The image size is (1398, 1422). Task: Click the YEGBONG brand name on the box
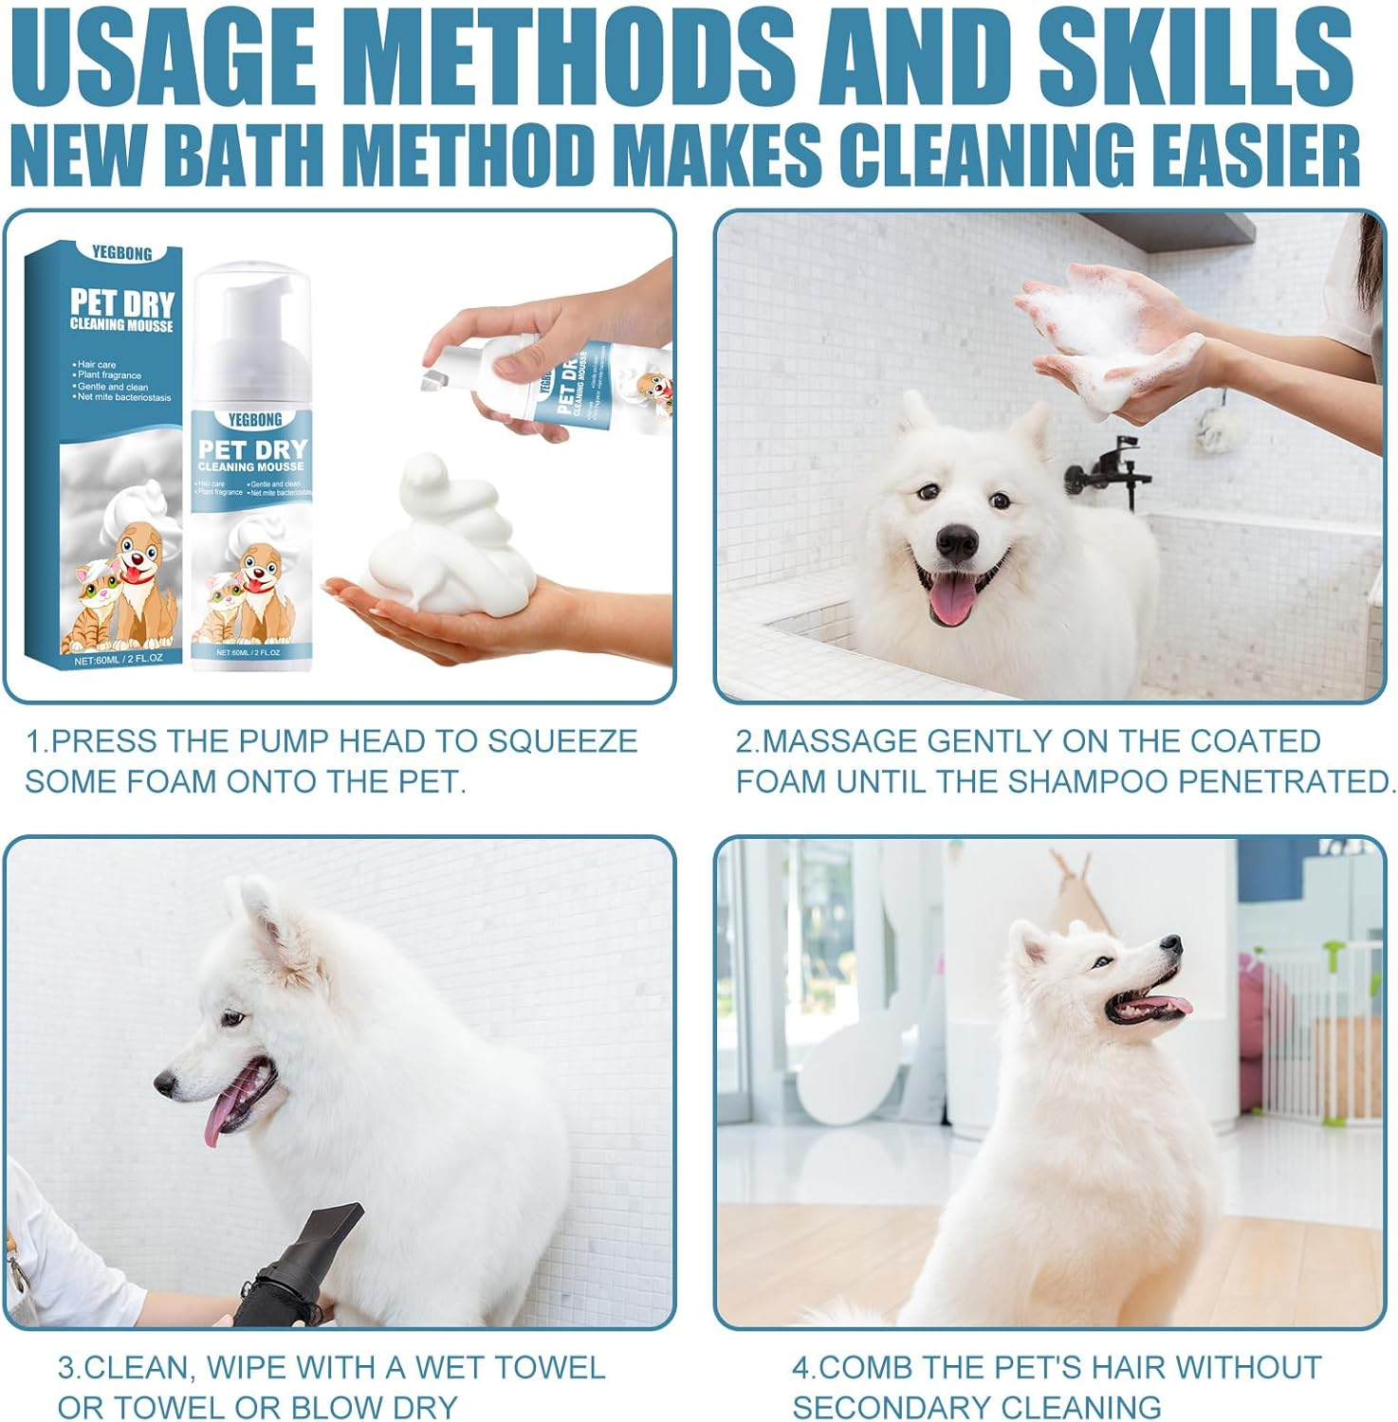click(121, 253)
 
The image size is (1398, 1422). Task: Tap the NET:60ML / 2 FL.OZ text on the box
click(118, 658)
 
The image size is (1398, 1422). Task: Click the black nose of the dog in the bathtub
click(956, 542)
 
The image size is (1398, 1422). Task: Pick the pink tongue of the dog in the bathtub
click(952, 600)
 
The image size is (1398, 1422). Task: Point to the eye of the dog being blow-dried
click(233, 1018)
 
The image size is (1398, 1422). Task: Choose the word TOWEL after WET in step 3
click(549, 1368)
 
